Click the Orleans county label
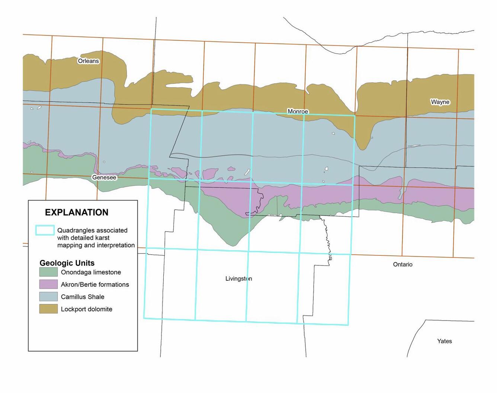point(88,61)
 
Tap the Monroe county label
point(298,112)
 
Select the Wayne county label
point(440,102)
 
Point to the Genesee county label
point(104,177)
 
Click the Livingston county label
point(238,278)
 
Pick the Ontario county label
point(403,264)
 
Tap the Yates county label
point(444,341)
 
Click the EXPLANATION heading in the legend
point(77,212)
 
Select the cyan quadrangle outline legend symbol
point(45,230)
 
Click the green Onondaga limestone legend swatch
point(48,272)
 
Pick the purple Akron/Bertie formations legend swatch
point(48,284)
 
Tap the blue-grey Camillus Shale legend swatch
point(48,297)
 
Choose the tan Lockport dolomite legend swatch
point(48,309)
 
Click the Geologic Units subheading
point(67,263)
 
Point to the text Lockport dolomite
point(86,309)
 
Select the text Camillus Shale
point(83,297)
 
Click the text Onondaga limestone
point(91,272)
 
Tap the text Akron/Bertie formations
point(95,284)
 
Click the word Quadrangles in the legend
point(76,231)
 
